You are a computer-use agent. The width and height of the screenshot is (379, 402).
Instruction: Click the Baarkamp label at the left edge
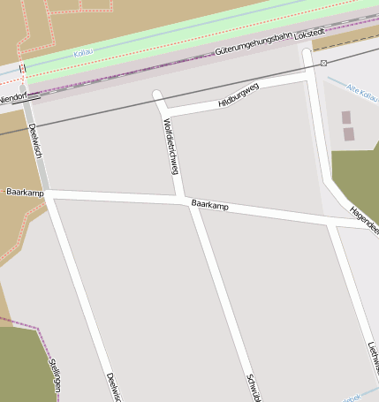(x=25, y=192)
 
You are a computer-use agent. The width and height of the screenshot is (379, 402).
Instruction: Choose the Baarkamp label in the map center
(x=209, y=206)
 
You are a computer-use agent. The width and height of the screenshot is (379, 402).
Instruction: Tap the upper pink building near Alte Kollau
(x=345, y=117)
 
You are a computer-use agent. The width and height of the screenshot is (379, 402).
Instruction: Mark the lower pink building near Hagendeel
(x=348, y=134)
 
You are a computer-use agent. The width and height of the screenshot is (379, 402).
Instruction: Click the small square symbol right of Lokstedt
(x=324, y=63)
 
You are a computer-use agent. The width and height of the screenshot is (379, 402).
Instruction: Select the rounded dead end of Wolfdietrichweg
(x=157, y=95)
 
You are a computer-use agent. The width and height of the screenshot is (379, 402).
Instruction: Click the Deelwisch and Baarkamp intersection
(x=48, y=192)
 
